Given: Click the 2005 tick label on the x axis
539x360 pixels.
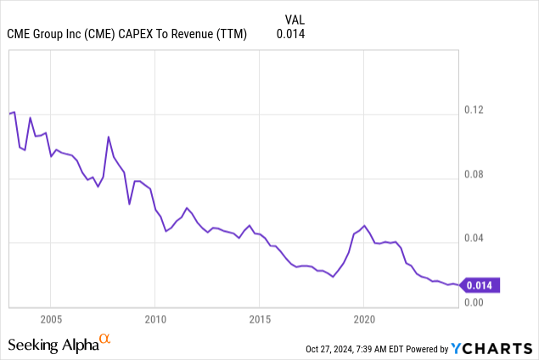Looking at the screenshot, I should coord(50,319).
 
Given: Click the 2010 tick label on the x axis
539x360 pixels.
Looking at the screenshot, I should coord(154,319).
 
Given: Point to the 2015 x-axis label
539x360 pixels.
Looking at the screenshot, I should coord(259,319).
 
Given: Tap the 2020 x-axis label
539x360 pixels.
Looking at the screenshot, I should coord(363,319).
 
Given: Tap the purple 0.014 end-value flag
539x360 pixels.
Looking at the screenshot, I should coord(481,285).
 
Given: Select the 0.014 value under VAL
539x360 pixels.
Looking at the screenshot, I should coord(290,34).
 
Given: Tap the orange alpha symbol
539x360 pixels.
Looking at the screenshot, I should coord(105,339).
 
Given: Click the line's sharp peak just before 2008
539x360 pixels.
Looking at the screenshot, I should coord(109,137).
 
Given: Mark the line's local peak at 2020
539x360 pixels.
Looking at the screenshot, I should coord(364,226).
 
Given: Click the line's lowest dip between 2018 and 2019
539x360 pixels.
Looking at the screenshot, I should coord(334,277).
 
